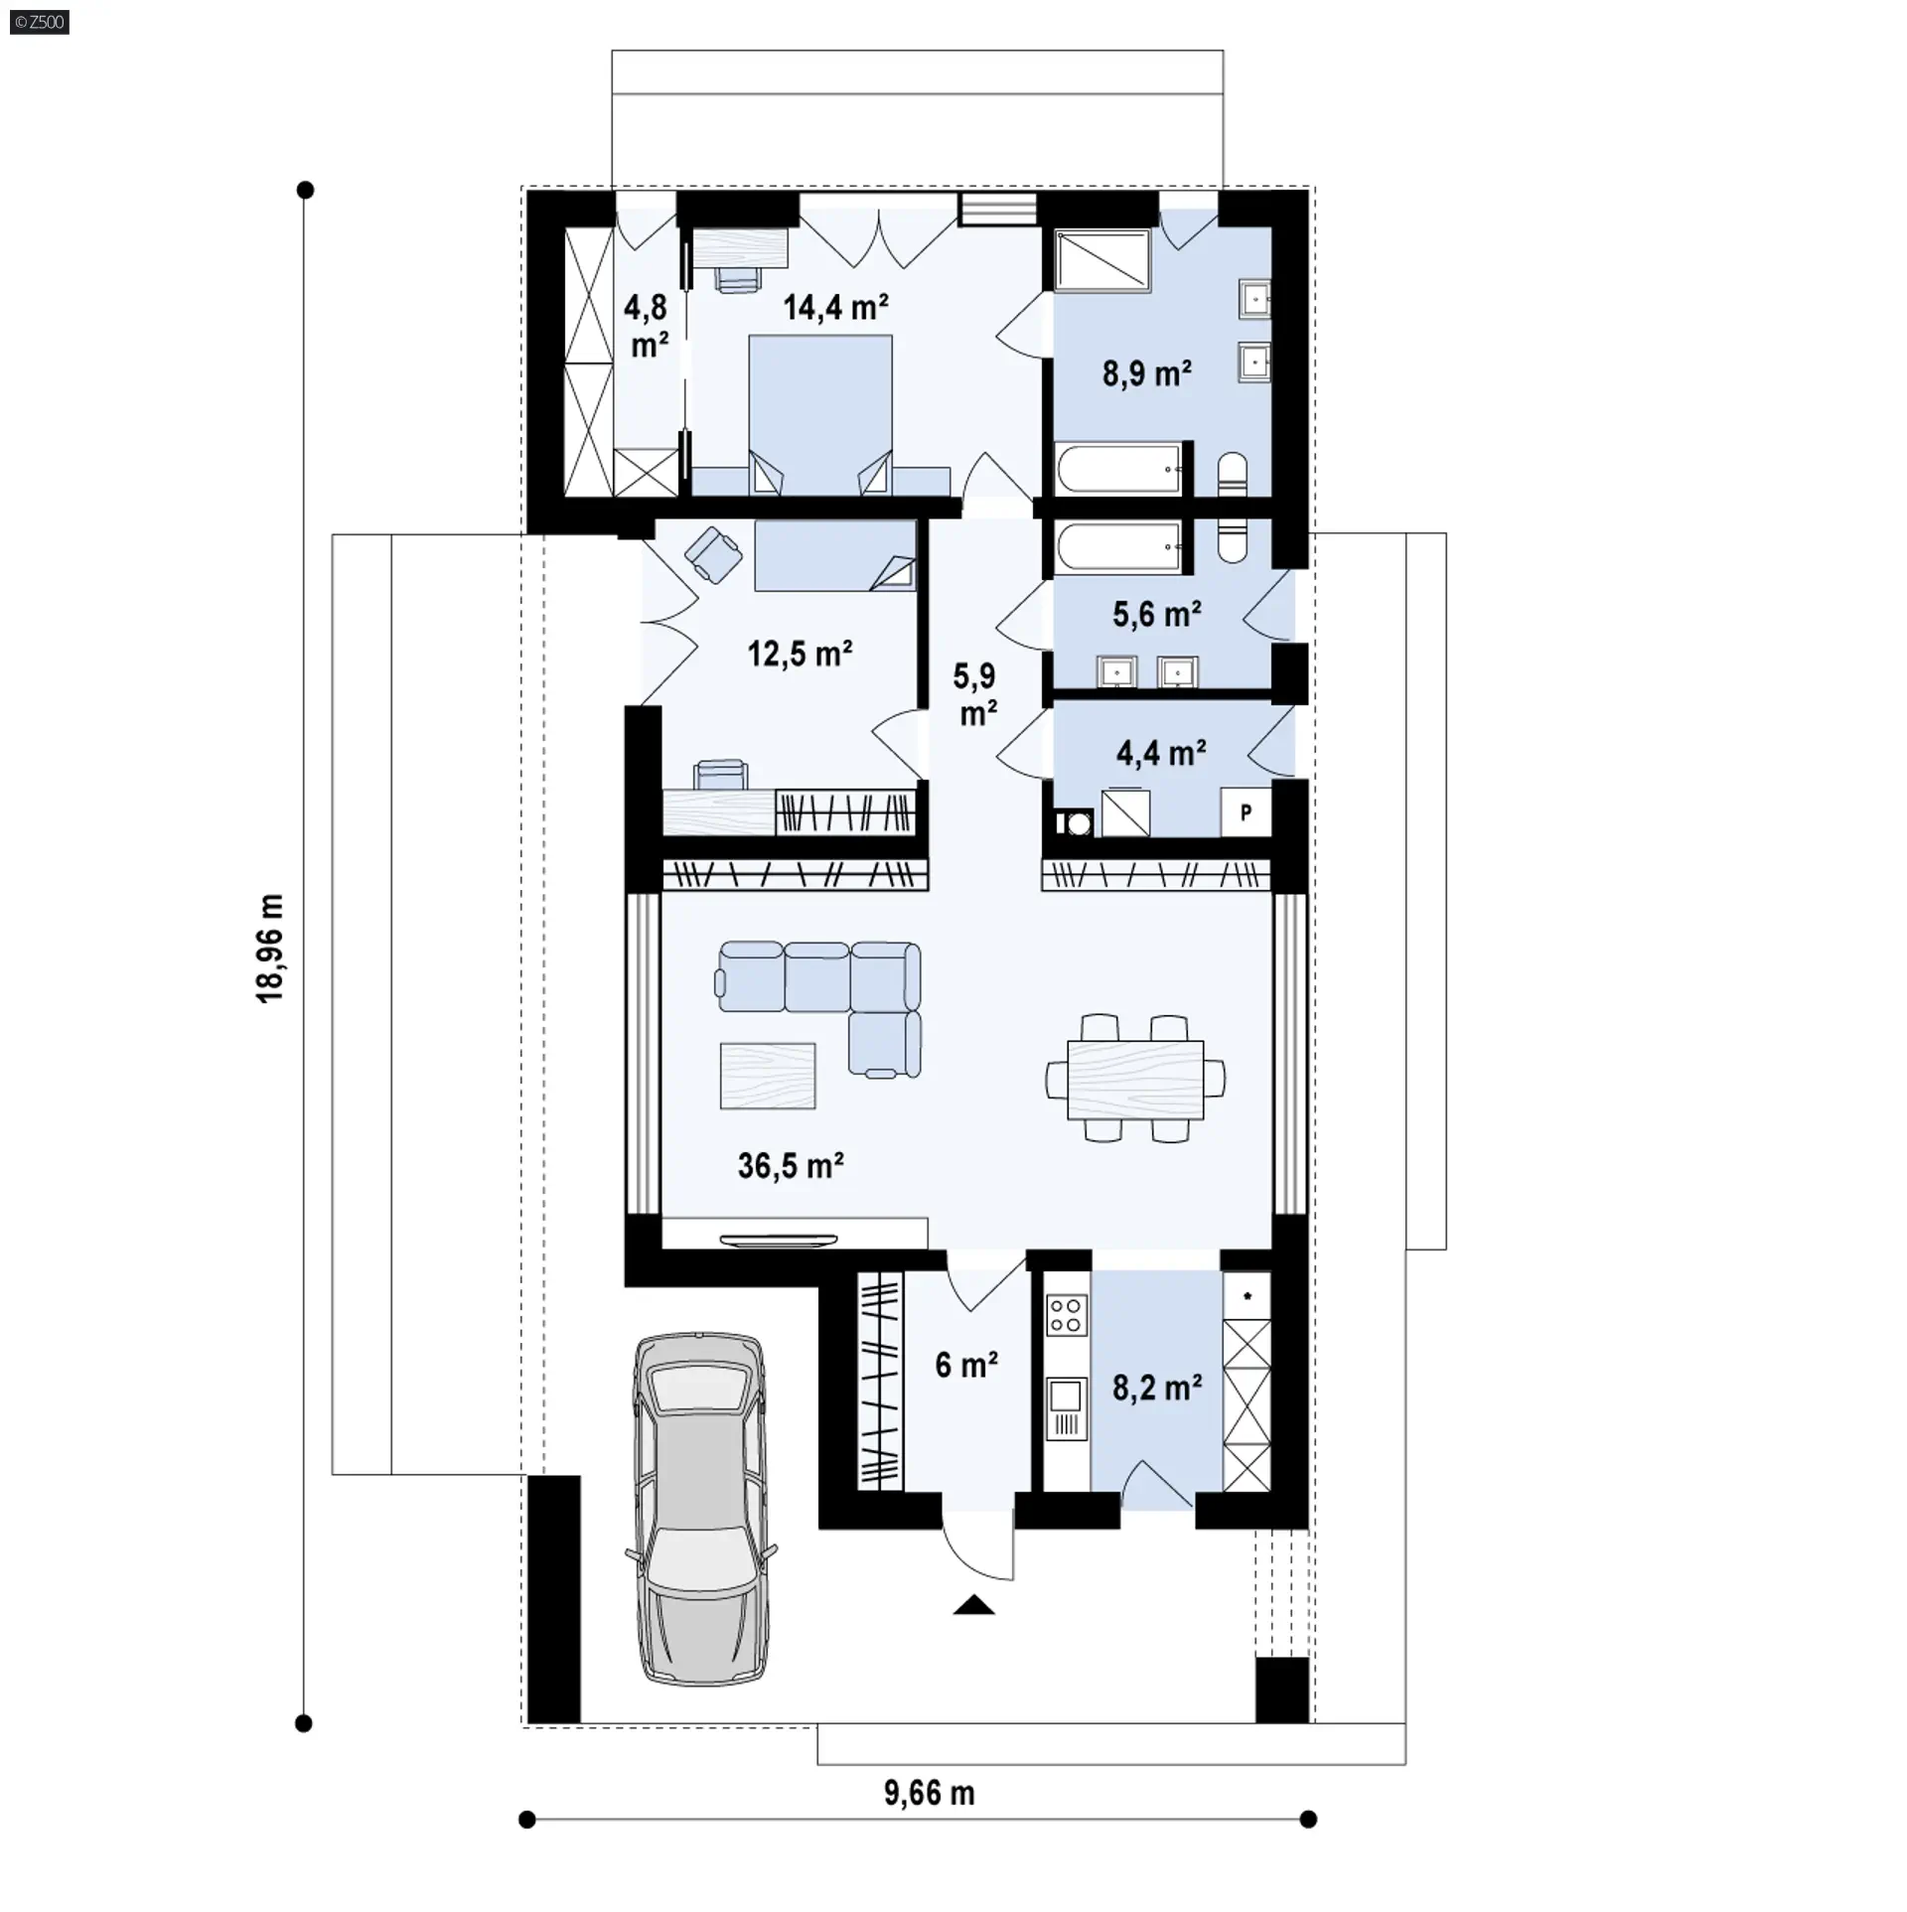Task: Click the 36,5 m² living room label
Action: (x=791, y=1165)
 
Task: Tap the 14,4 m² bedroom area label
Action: (x=835, y=307)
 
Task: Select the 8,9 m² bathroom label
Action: (x=1147, y=373)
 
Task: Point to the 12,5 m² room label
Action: (x=800, y=654)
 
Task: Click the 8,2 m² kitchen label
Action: (x=1157, y=1388)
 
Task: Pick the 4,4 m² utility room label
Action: (x=1161, y=753)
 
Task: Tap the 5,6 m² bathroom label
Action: (x=1157, y=615)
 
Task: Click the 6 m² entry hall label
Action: (x=966, y=1365)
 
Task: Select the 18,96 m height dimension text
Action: (x=271, y=948)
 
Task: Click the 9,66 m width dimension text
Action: (x=930, y=1793)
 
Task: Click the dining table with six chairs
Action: (x=1135, y=1079)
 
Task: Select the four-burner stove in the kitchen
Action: (x=1066, y=1315)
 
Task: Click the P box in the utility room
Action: (x=1246, y=811)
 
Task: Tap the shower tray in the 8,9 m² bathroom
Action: (x=1103, y=262)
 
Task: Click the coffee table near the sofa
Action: (x=768, y=1076)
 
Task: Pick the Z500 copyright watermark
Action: (x=39, y=21)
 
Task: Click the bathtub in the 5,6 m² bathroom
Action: (x=1118, y=547)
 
